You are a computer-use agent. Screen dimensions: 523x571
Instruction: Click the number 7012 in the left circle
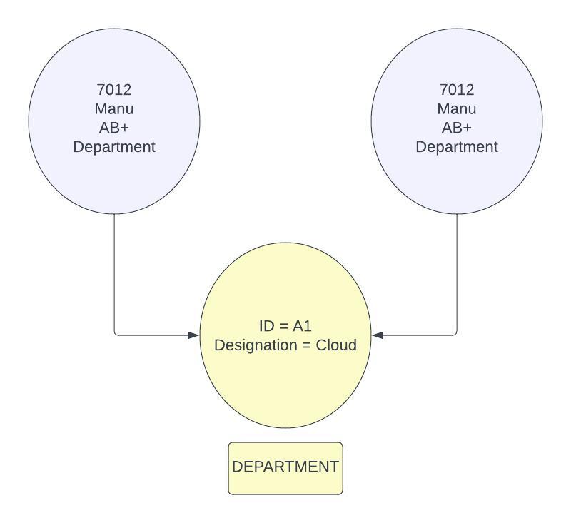(114, 90)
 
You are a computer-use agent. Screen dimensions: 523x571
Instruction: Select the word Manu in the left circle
(114, 109)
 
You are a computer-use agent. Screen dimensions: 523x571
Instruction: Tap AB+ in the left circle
(114, 128)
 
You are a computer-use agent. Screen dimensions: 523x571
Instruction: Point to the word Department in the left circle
(114, 147)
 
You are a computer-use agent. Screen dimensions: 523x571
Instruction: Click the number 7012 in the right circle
(457, 90)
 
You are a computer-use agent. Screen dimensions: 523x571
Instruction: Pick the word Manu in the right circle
(457, 109)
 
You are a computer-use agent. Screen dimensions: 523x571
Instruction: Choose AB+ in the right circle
(457, 128)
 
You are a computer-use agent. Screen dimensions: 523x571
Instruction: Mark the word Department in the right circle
(457, 147)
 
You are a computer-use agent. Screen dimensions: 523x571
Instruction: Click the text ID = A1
(285, 326)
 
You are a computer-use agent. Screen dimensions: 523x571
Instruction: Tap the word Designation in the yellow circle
(253, 345)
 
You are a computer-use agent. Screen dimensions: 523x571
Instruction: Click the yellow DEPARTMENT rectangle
(285, 468)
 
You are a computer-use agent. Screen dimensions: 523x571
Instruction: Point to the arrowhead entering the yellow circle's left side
(193, 335)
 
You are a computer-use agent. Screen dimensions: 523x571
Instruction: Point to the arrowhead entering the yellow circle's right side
(378, 335)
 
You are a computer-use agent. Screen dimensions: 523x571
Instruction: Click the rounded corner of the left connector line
(116, 333)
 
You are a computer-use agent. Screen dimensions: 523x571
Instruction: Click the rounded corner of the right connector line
(455, 333)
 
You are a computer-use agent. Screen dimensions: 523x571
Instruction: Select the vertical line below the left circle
(114, 271)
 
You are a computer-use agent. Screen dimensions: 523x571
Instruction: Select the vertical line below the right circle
(457, 271)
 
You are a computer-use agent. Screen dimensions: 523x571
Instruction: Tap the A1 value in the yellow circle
(303, 326)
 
